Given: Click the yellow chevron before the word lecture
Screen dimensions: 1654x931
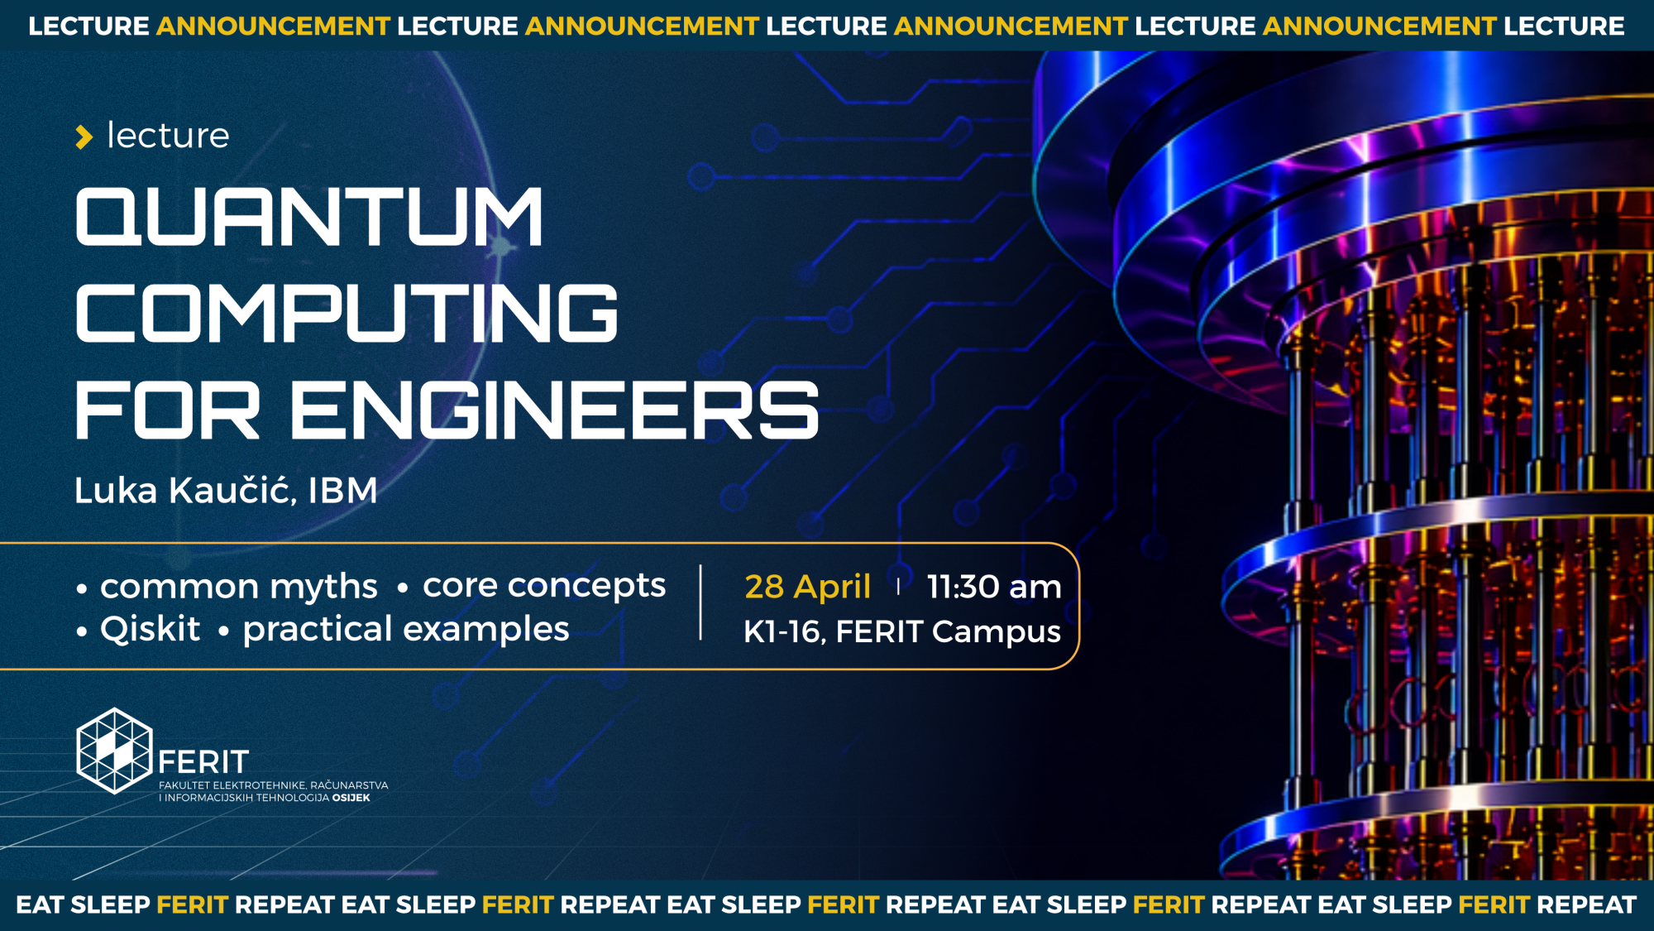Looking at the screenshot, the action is [x=84, y=137].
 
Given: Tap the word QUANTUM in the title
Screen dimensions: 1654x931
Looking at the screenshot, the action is [x=309, y=216].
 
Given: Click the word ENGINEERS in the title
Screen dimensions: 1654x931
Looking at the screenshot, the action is [x=554, y=410].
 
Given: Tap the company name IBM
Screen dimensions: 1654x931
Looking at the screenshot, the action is [x=343, y=490].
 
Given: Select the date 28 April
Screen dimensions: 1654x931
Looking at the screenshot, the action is [x=808, y=587].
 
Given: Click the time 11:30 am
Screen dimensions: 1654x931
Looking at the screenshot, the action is [x=994, y=587].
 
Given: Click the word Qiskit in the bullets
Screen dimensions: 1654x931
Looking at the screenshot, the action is [x=150, y=629].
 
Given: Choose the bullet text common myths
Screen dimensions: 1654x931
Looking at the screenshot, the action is [x=239, y=587].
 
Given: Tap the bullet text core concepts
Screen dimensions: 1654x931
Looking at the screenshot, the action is [x=544, y=586].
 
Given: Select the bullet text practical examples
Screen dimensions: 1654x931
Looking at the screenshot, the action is [x=406, y=629].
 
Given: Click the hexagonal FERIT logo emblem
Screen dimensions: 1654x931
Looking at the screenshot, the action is [x=114, y=751].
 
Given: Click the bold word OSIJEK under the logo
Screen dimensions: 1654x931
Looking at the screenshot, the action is [x=351, y=798].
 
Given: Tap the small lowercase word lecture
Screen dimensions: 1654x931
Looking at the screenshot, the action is [x=168, y=135].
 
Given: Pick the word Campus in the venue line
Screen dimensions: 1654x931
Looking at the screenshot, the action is [x=997, y=632].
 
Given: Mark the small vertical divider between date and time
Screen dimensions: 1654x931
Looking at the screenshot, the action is [x=898, y=587].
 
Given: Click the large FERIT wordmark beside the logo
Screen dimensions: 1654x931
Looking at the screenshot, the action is [x=203, y=761].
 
